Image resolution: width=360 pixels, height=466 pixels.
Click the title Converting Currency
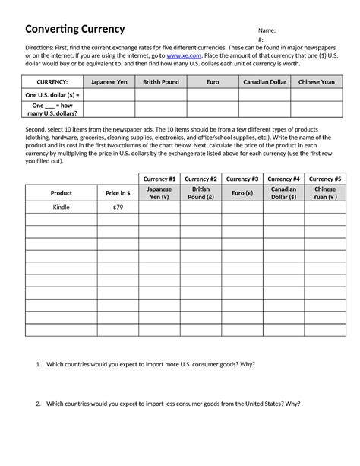(75, 29)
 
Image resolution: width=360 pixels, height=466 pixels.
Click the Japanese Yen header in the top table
(109, 81)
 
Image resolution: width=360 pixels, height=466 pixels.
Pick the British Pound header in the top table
(161, 81)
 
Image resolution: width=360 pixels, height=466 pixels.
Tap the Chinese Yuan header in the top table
(315, 81)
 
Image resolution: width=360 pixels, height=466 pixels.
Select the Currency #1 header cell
(159, 179)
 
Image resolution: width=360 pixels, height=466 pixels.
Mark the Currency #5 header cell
(325, 179)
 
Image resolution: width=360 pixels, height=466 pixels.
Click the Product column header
(61, 193)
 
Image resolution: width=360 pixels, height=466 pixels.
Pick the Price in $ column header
(118, 193)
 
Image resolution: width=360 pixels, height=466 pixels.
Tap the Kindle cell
(61, 207)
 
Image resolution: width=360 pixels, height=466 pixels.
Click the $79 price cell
(118, 207)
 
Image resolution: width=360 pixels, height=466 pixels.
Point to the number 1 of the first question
(37, 365)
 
